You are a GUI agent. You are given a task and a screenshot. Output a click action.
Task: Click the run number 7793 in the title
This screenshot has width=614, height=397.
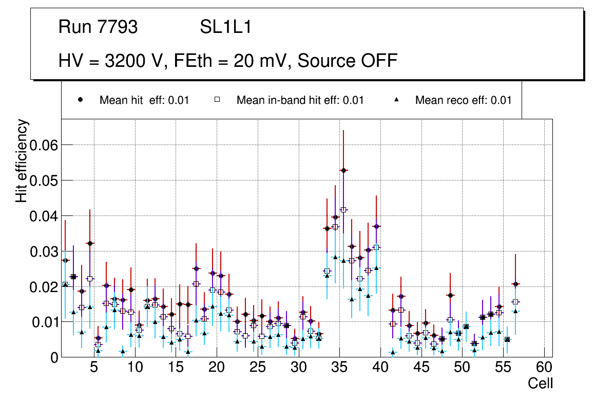click(x=118, y=27)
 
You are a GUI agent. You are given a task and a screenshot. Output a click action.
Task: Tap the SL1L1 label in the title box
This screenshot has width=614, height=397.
click(x=225, y=27)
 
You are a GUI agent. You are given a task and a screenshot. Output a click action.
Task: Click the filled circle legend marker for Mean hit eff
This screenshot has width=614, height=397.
click(x=81, y=100)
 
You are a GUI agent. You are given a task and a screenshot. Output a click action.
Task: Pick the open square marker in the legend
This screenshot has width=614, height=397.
click(x=217, y=100)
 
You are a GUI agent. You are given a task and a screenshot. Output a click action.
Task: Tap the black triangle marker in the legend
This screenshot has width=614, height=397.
click(x=397, y=100)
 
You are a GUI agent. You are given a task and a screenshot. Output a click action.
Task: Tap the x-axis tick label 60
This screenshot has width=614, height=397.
click(x=544, y=368)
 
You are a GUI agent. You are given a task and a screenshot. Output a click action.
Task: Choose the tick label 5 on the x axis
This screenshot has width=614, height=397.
click(x=94, y=368)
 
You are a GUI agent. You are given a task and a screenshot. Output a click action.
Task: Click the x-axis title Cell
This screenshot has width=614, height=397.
click(x=541, y=384)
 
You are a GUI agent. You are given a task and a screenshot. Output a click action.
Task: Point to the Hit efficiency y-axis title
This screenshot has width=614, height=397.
click(x=22, y=160)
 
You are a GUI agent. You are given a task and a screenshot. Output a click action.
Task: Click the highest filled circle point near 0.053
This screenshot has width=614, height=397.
click(x=343, y=170)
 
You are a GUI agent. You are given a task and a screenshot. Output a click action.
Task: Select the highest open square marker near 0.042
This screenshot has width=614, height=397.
click(x=343, y=209)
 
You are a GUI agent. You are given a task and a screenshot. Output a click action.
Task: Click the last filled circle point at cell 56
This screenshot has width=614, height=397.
click(x=515, y=284)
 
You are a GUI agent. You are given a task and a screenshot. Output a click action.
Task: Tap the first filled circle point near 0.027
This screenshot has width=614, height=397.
click(x=65, y=260)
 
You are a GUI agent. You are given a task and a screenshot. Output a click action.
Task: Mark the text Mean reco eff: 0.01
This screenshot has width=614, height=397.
click(x=463, y=100)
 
